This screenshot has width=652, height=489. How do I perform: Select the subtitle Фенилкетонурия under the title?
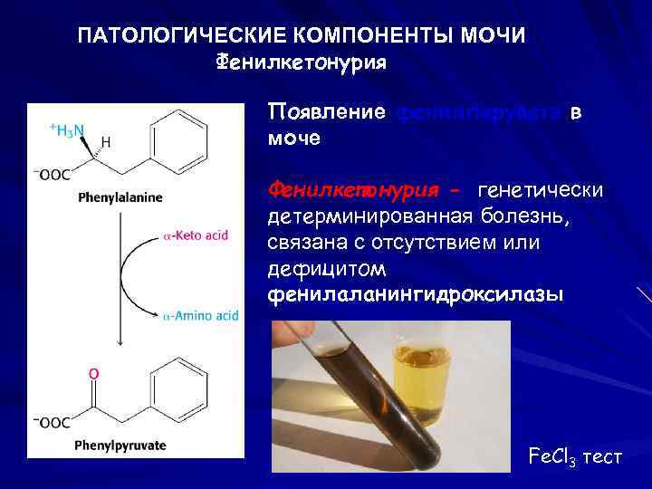302,62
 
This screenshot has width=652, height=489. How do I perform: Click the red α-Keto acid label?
196,235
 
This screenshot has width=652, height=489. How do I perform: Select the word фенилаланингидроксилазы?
415,296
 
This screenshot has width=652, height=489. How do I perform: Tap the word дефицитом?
327,270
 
